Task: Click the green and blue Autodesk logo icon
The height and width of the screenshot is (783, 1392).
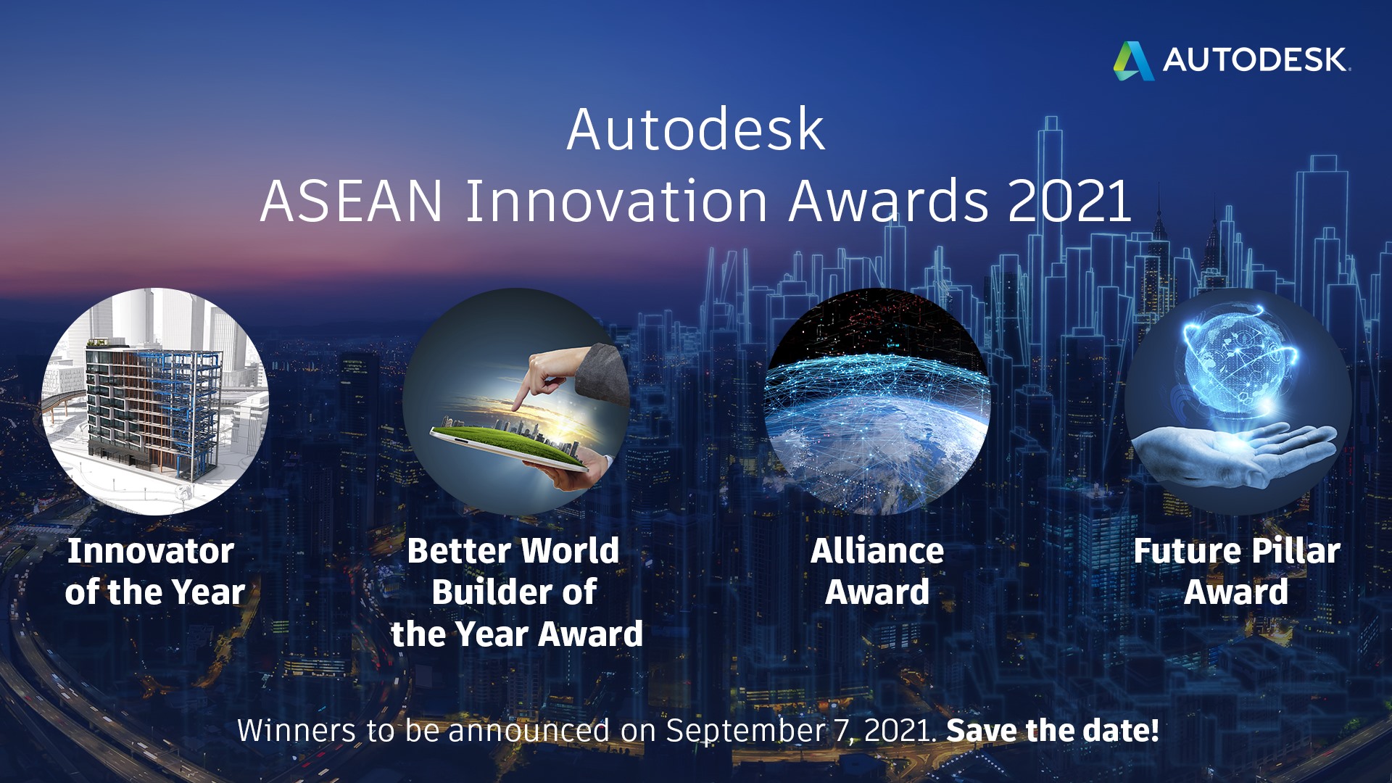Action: [x=1133, y=60]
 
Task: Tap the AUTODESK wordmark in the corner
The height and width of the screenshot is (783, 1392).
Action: [x=1256, y=60]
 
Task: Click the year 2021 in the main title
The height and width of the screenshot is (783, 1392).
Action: [x=1069, y=201]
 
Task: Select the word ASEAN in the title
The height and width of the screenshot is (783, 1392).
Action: [x=352, y=201]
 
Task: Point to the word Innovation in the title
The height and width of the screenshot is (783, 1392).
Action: [x=616, y=201]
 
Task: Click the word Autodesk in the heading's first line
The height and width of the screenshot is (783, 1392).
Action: [x=696, y=130]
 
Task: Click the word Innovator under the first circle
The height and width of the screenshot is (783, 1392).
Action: [x=151, y=551]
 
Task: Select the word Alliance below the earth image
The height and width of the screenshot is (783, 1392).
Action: [x=877, y=551]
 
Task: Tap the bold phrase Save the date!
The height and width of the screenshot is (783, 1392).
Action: [x=1053, y=731]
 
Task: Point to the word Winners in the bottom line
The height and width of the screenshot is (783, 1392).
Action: [x=297, y=731]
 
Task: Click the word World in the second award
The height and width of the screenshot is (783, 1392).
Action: [x=571, y=551]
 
